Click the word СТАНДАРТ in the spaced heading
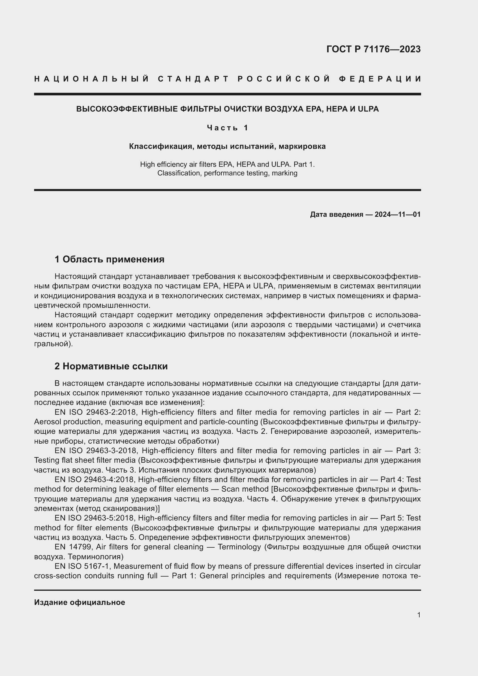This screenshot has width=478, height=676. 193,79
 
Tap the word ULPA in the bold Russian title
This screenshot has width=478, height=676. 368,109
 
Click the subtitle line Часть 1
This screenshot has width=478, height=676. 227,128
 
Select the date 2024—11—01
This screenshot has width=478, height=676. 397,214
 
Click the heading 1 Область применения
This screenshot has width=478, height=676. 109,259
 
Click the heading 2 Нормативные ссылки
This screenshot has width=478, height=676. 111,366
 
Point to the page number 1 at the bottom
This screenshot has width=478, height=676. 419,615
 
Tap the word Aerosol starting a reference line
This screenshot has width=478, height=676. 47,422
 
